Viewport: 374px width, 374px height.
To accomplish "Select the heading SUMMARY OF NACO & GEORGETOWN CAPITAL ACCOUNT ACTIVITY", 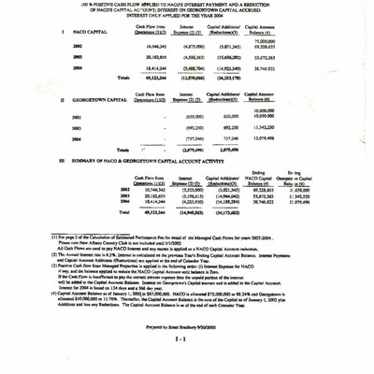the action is coord(140,160).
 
